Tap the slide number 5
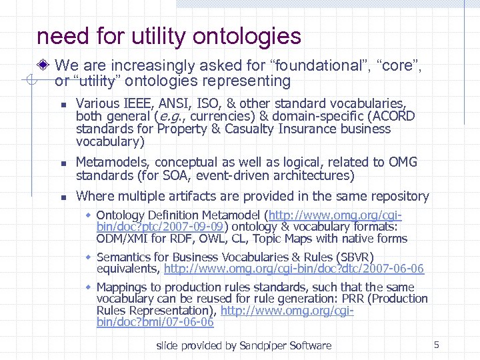(x=436, y=345)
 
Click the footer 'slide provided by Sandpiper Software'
(x=243, y=345)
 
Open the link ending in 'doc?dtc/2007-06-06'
(x=294, y=269)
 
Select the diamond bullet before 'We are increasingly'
(x=44, y=66)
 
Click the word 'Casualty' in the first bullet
(x=214, y=129)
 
